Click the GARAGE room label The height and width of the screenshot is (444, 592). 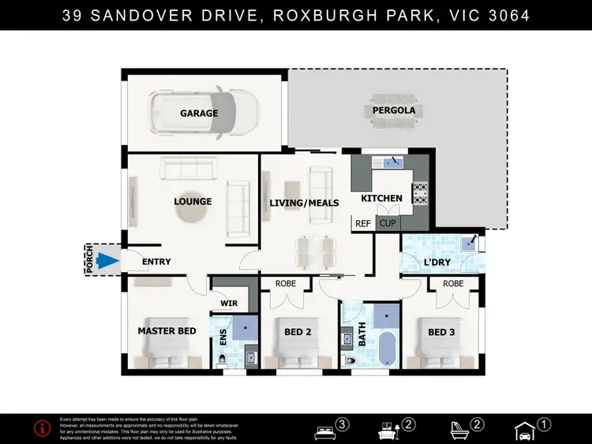tap(199, 114)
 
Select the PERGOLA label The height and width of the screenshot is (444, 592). tap(394, 110)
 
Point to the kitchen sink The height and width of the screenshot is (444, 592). tap(392, 163)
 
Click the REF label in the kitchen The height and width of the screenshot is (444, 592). tap(363, 224)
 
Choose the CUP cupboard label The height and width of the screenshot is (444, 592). tap(388, 224)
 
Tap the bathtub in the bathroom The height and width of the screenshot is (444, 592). tap(387, 348)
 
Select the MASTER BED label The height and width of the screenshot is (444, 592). tap(167, 331)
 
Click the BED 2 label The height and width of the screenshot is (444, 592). tap(298, 332)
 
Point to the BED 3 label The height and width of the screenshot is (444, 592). tap(441, 332)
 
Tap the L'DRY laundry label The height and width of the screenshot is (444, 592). tap(437, 261)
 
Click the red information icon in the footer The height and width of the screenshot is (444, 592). tap(42, 428)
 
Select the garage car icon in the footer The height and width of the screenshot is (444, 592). tap(524, 430)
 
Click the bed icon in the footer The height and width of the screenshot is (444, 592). tap(324, 431)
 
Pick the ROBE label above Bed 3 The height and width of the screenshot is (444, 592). tap(453, 283)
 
